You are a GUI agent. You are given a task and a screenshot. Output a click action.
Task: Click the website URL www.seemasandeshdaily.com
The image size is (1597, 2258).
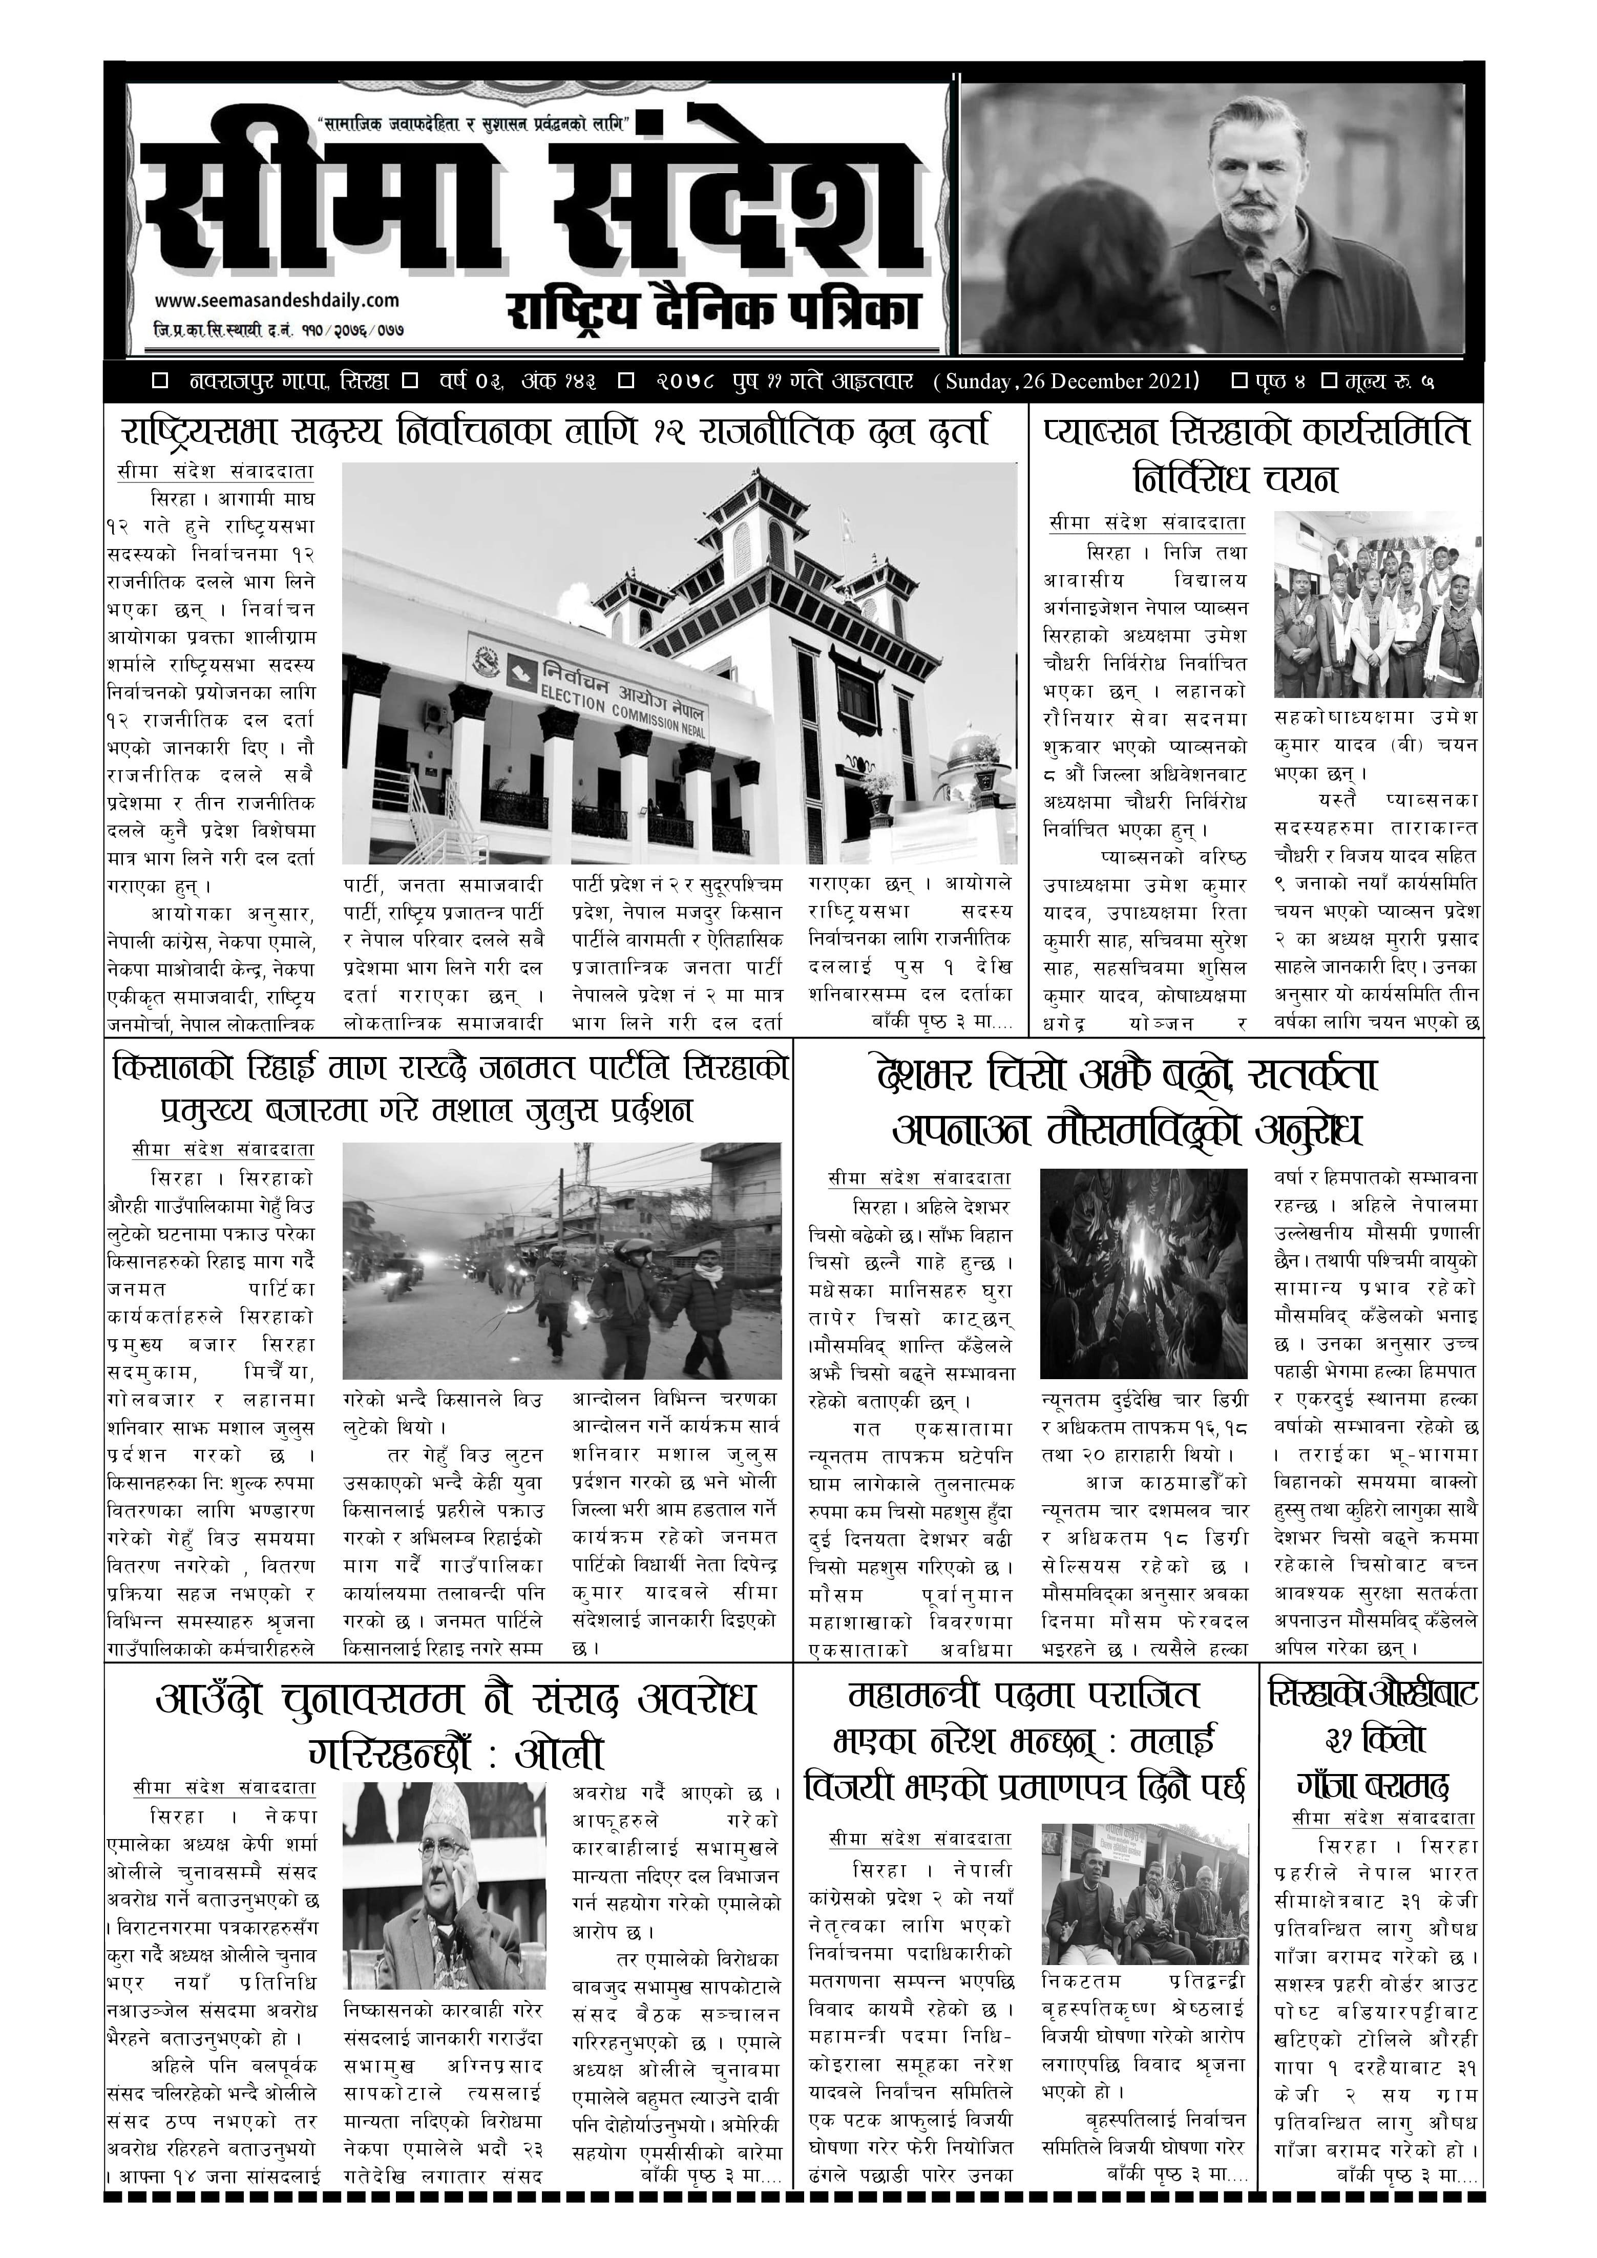[x=277, y=300]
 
